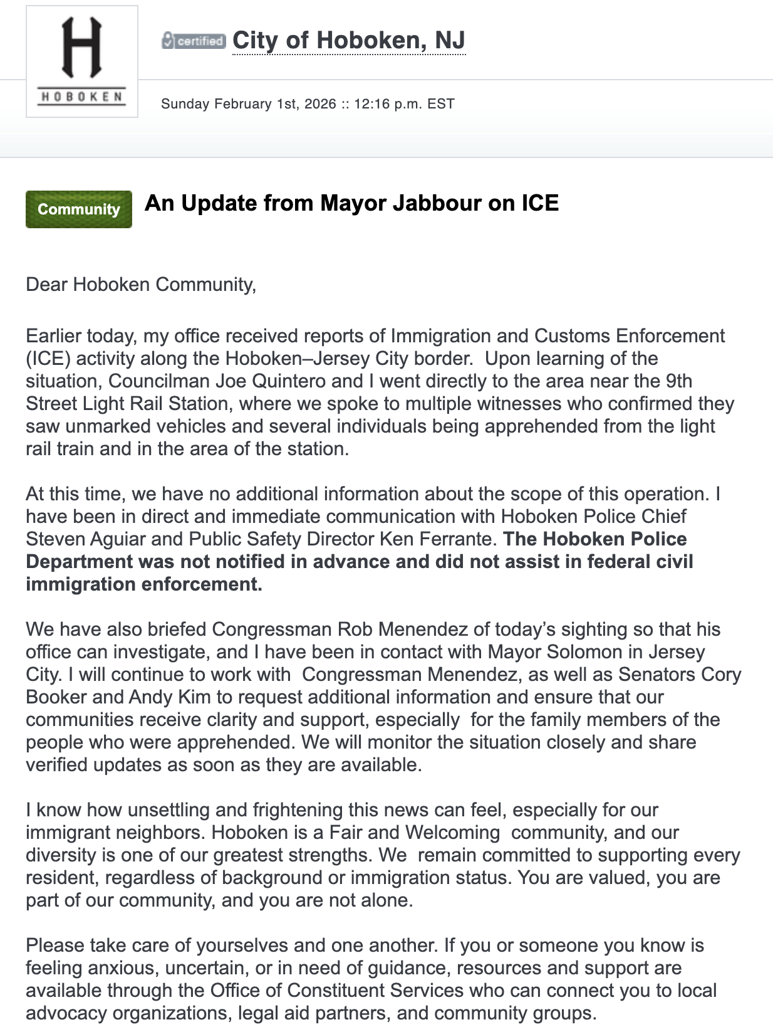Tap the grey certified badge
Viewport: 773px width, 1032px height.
tap(194, 41)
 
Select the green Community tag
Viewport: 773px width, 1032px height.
tap(79, 209)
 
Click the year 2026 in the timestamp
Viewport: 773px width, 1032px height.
tap(320, 104)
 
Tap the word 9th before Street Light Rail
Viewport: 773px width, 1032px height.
tap(675, 381)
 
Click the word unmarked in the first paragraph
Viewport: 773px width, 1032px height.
tap(108, 426)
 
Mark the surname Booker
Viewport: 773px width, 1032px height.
tap(56, 697)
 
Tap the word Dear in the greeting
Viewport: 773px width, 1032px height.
tap(47, 285)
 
